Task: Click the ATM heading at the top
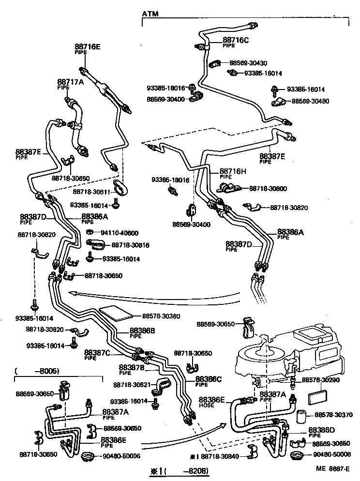150,15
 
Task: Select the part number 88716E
88,47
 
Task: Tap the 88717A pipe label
71,82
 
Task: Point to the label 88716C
235,40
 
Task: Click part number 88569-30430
248,63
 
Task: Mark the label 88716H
233,171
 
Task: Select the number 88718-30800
269,188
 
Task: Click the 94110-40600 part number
119,233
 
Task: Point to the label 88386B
142,331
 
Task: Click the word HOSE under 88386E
206,405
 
